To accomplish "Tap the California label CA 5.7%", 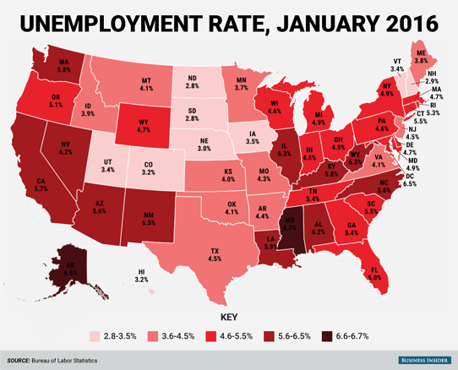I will coord(41,186).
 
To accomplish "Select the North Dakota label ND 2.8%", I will coord(192,82).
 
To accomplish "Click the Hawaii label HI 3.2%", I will coord(141,275).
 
